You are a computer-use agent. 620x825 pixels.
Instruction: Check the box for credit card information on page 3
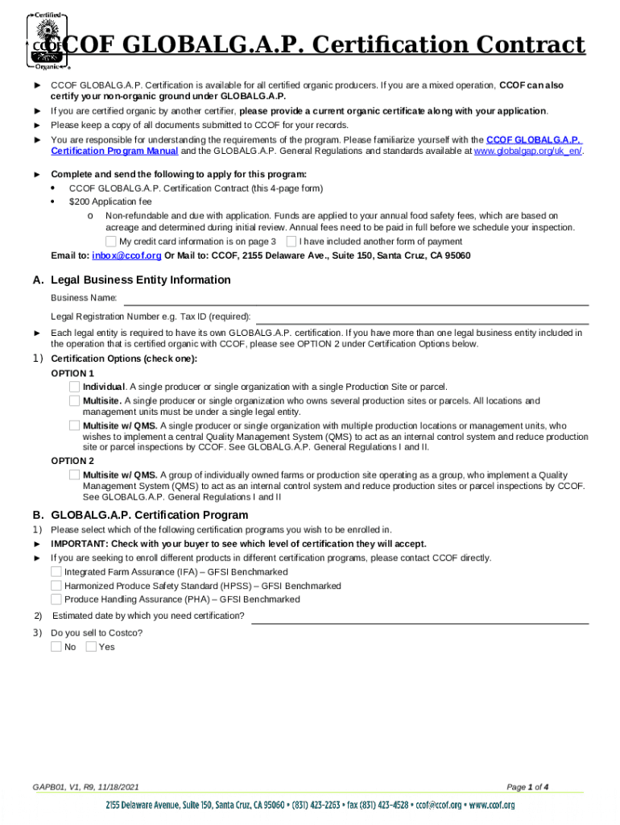point(111,241)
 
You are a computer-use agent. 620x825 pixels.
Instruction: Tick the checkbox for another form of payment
point(291,241)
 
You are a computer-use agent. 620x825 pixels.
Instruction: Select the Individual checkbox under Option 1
point(75,387)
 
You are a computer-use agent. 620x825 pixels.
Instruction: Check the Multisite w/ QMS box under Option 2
point(75,475)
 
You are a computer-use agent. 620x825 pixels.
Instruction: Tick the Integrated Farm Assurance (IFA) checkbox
point(56,571)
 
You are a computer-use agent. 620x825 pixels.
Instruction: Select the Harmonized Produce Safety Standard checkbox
point(56,586)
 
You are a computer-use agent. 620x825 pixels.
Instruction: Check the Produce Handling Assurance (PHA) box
point(56,599)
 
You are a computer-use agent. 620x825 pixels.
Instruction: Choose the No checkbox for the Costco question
point(56,646)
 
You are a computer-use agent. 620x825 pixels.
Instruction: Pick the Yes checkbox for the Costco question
point(91,646)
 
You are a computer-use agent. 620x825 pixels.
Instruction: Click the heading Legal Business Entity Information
point(140,280)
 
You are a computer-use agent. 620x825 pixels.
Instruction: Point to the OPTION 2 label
point(72,461)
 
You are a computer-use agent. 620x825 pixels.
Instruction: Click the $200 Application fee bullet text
point(110,201)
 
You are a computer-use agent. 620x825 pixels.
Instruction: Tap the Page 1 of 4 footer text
point(527,786)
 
